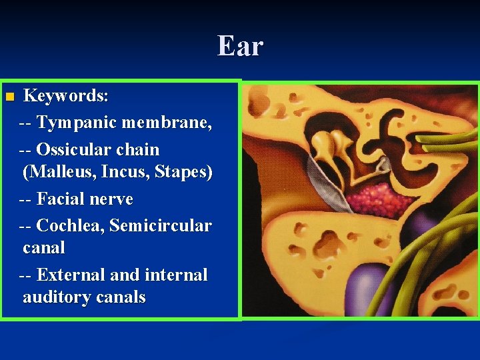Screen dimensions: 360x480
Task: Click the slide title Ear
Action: (240, 47)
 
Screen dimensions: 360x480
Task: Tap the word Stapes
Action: (183, 172)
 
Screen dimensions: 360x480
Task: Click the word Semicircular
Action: (160, 226)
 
